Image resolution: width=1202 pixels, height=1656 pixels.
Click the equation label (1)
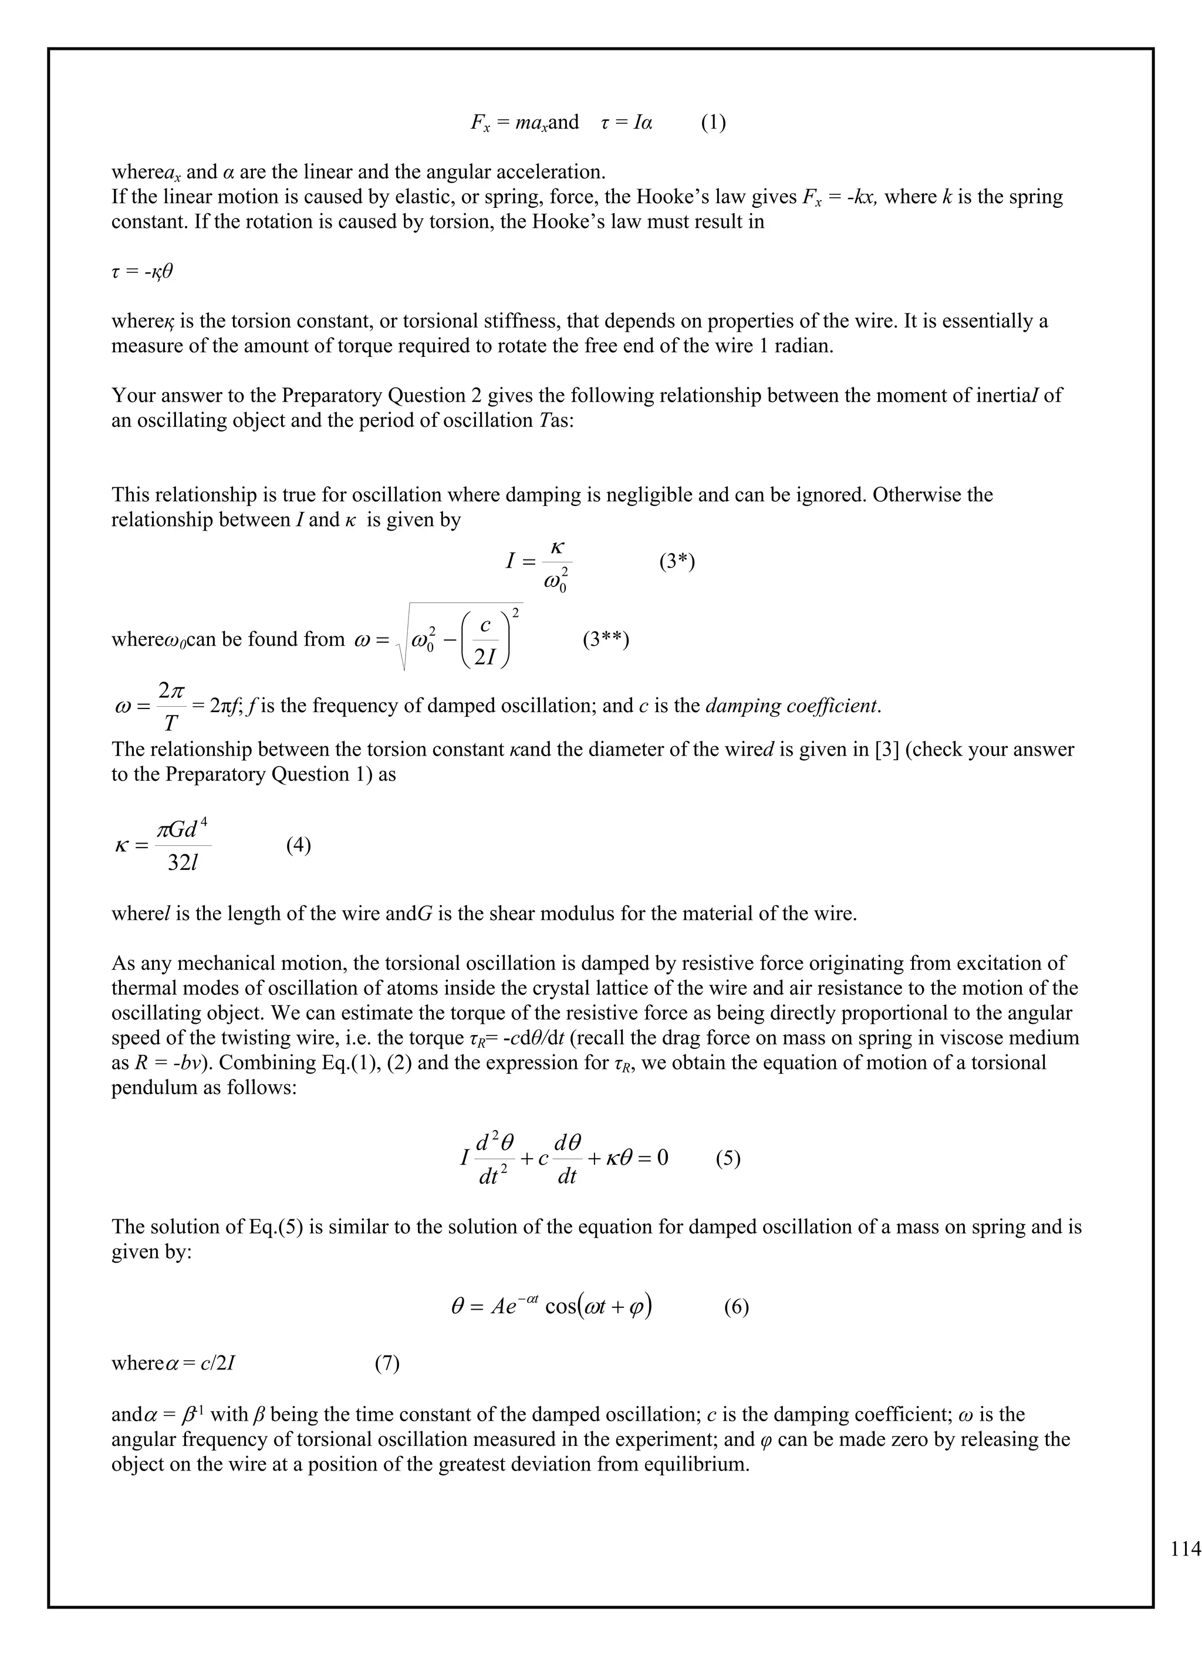(x=713, y=122)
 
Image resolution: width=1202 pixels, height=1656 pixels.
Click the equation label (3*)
(x=677, y=562)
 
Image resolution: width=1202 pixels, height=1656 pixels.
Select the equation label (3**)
(x=606, y=640)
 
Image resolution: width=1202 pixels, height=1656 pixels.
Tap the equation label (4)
(x=299, y=845)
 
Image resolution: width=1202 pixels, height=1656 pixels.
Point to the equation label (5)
(x=728, y=1158)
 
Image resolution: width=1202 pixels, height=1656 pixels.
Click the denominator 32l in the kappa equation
(x=183, y=863)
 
